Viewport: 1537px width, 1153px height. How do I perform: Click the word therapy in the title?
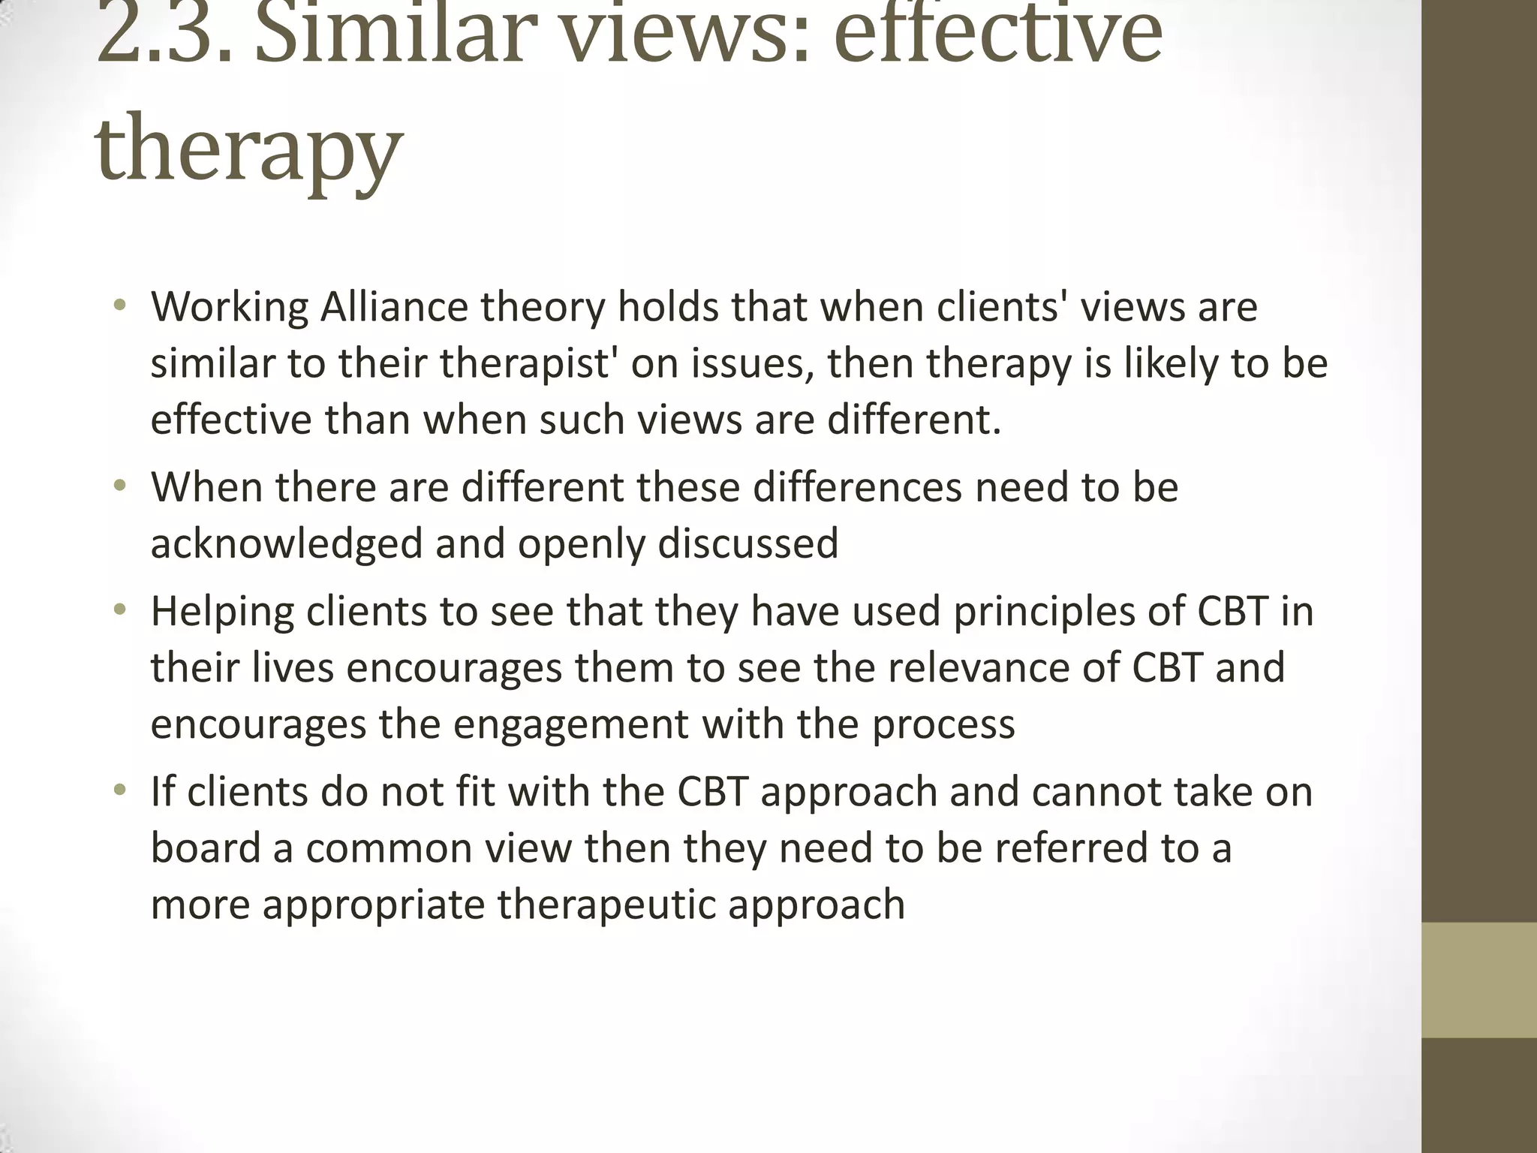(x=248, y=146)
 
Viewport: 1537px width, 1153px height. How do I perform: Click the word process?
(x=943, y=725)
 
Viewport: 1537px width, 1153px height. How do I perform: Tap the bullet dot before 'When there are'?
(x=119, y=486)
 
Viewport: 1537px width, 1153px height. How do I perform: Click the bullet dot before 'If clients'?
(x=119, y=790)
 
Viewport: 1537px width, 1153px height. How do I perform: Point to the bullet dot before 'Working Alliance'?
(x=119, y=306)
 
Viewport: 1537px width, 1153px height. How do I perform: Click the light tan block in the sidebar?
(x=1479, y=980)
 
